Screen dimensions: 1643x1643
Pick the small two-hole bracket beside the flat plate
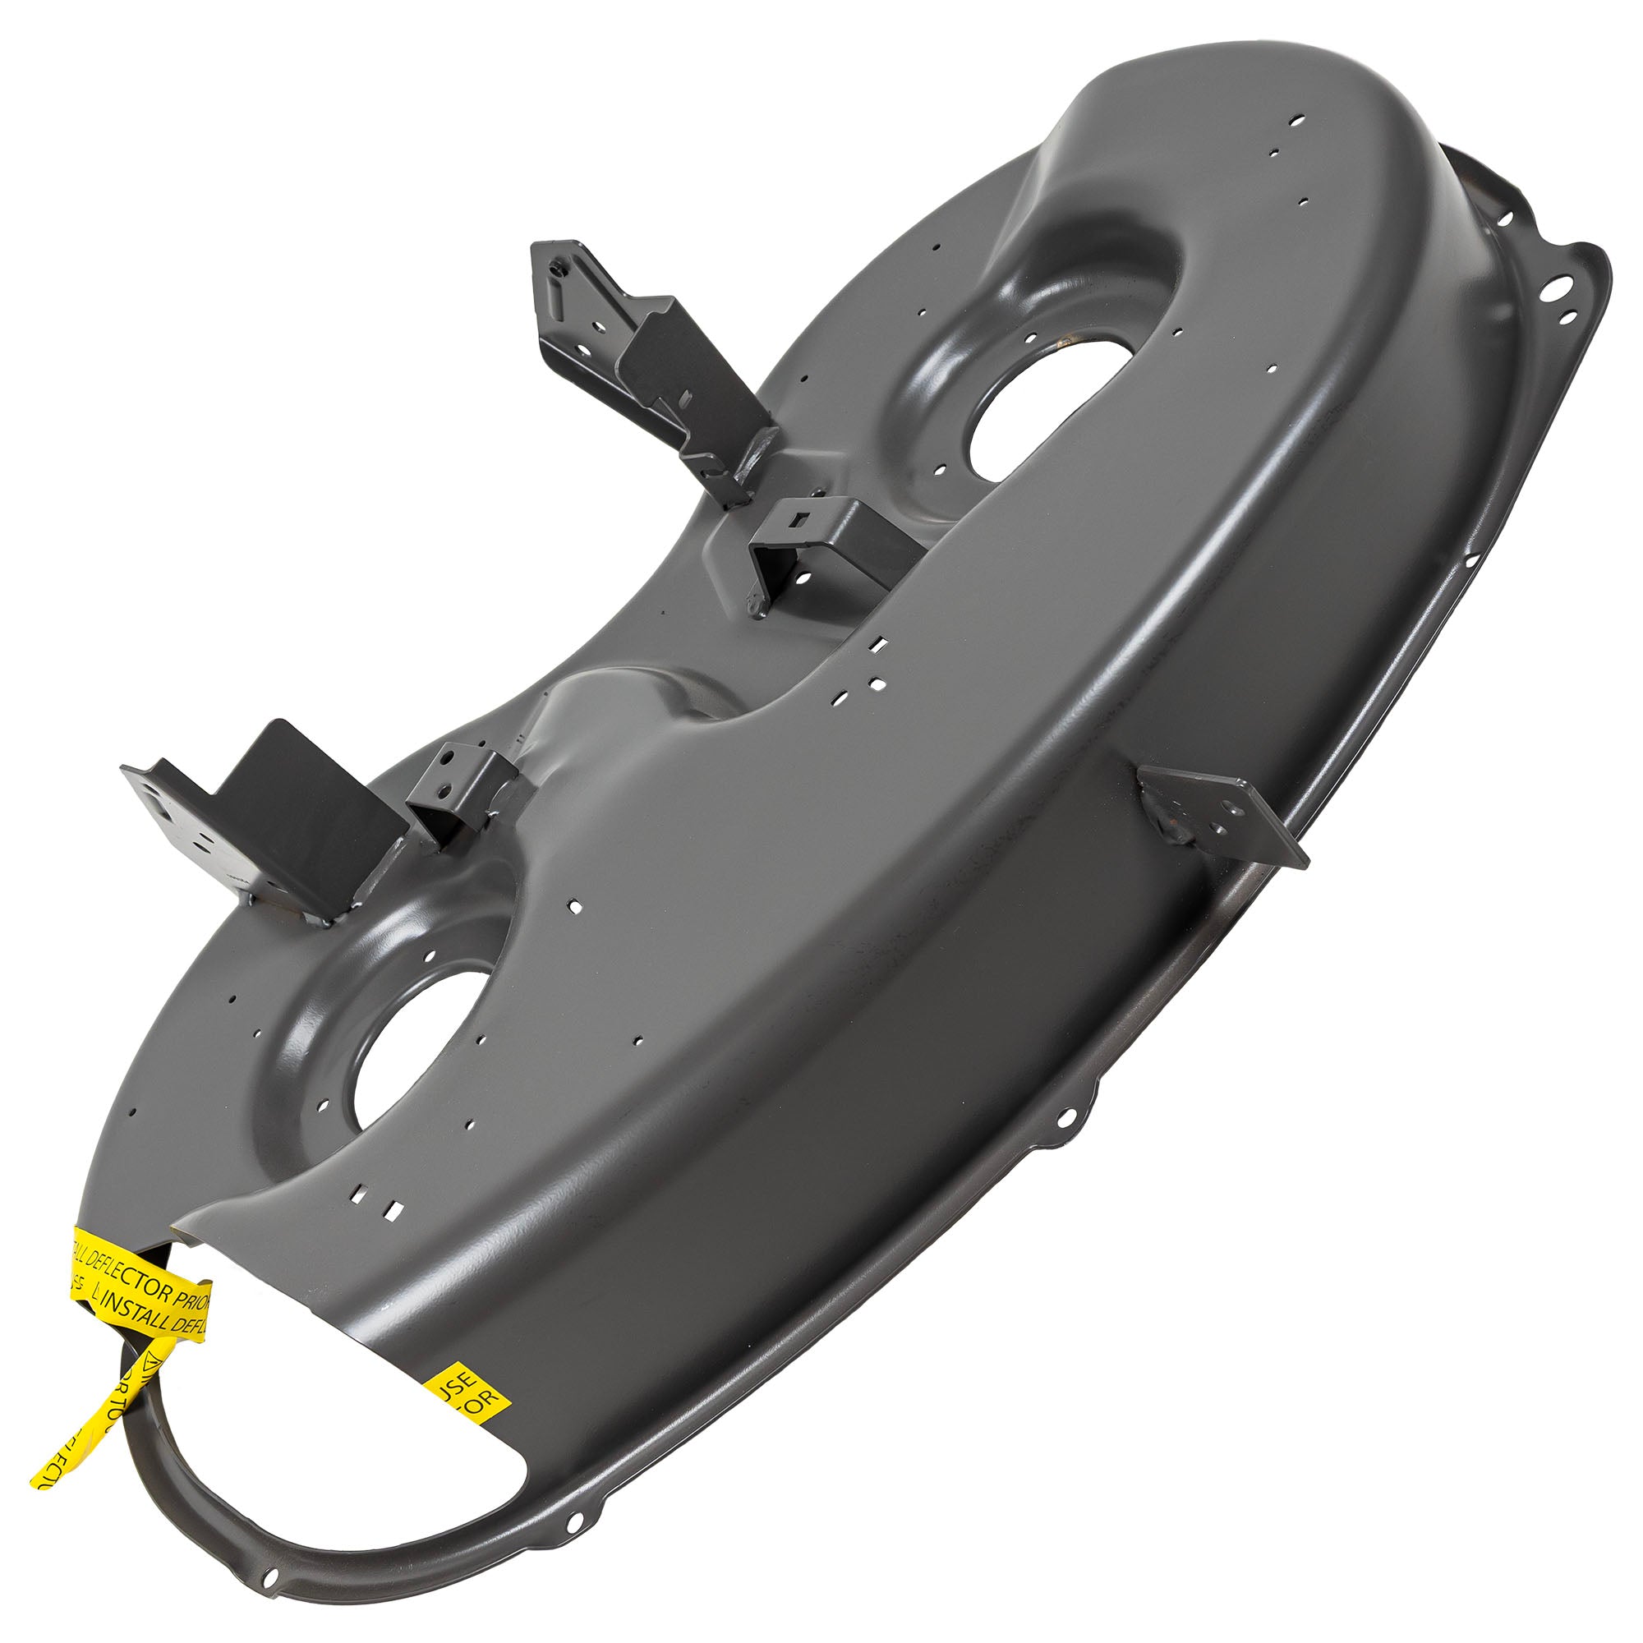pyautogui.click(x=463, y=787)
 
